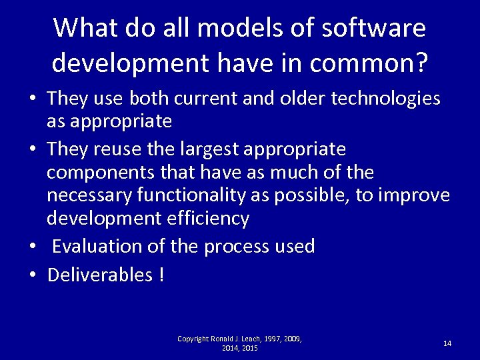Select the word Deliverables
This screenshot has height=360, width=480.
[x=100, y=275]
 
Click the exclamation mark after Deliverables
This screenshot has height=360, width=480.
[x=162, y=275]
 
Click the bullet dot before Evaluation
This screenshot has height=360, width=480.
[x=33, y=247]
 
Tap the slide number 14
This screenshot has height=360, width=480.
[x=447, y=343]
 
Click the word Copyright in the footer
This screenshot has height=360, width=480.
[x=193, y=339]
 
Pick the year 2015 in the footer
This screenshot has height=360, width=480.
[x=250, y=348]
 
